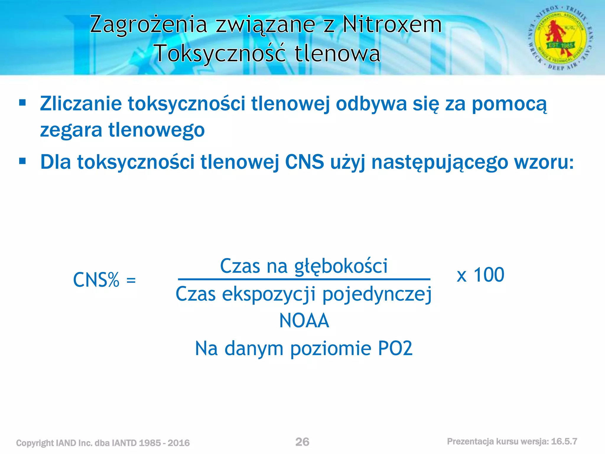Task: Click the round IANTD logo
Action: pyautogui.click(x=560, y=38)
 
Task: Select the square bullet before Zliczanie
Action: pyautogui.click(x=22, y=103)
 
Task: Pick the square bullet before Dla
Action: pyautogui.click(x=22, y=161)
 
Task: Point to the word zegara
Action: pyautogui.click(x=71, y=130)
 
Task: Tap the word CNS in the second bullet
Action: pyautogui.click(x=304, y=162)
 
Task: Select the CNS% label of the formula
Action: pyautogui.click(x=96, y=280)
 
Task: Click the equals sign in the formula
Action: pyautogui.click(x=131, y=280)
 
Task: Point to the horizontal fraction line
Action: pyautogui.click(x=304, y=279)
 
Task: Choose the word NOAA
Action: pyautogui.click(x=304, y=321)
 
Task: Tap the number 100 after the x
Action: pyautogui.click(x=489, y=275)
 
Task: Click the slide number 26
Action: pyautogui.click(x=302, y=442)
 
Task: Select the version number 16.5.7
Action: pyautogui.click(x=564, y=441)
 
